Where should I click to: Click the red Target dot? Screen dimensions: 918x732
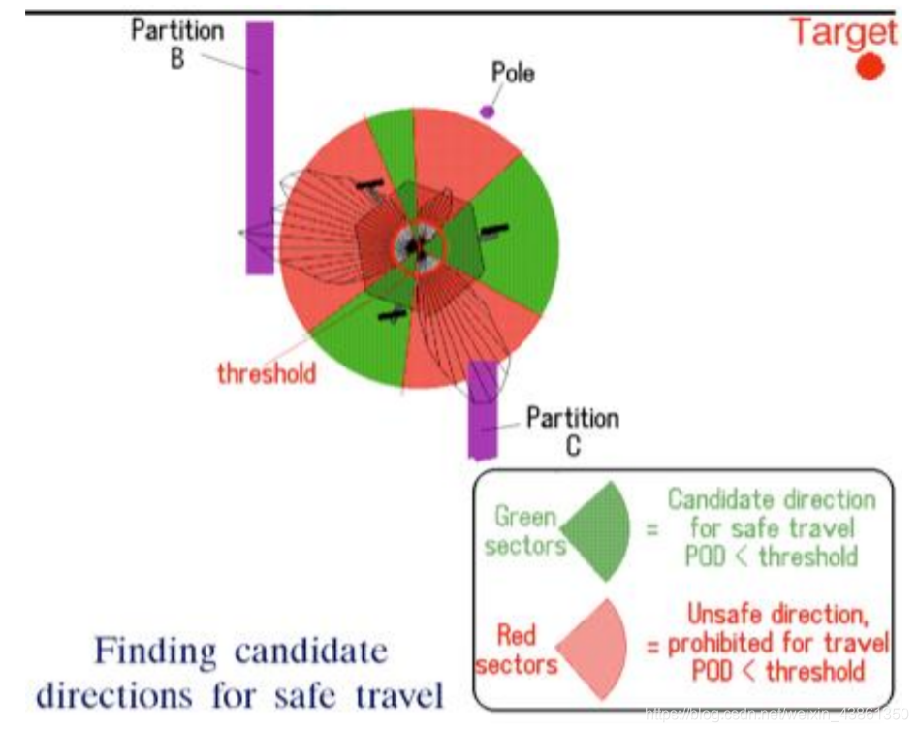click(870, 66)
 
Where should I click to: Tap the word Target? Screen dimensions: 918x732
click(842, 31)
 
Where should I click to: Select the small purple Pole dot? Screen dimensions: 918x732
click(487, 111)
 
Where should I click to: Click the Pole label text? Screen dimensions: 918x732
click(513, 73)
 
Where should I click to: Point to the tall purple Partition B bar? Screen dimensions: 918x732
click(260, 145)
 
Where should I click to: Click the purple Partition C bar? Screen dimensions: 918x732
click(483, 407)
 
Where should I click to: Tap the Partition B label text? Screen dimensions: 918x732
click(177, 44)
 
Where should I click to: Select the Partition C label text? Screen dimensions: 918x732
click(572, 431)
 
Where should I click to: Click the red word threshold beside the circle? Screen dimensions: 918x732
click(267, 373)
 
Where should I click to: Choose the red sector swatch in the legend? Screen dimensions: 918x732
click(594, 648)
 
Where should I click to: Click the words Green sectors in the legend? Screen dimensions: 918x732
click(524, 531)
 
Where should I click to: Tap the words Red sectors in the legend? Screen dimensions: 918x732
click(517, 650)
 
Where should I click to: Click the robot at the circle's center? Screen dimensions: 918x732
click(417, 248)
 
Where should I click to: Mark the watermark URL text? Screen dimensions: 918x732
click(776, 714)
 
